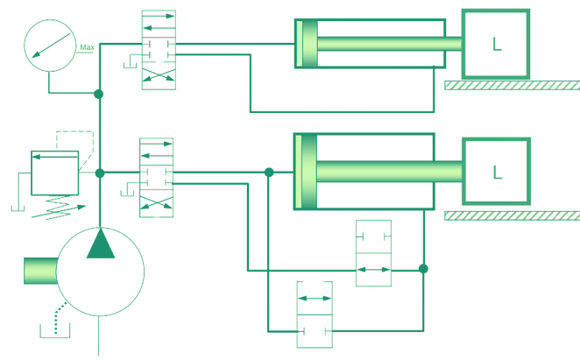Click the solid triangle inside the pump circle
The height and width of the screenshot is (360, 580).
[x=102, y=246]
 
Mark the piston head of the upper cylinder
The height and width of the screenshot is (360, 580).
[x=304, y=43]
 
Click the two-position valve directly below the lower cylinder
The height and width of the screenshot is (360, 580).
[x=374, y=254]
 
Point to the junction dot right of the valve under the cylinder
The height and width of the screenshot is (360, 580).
[x=423, y=267]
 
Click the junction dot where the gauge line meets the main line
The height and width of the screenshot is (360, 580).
[x=99, y=93]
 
